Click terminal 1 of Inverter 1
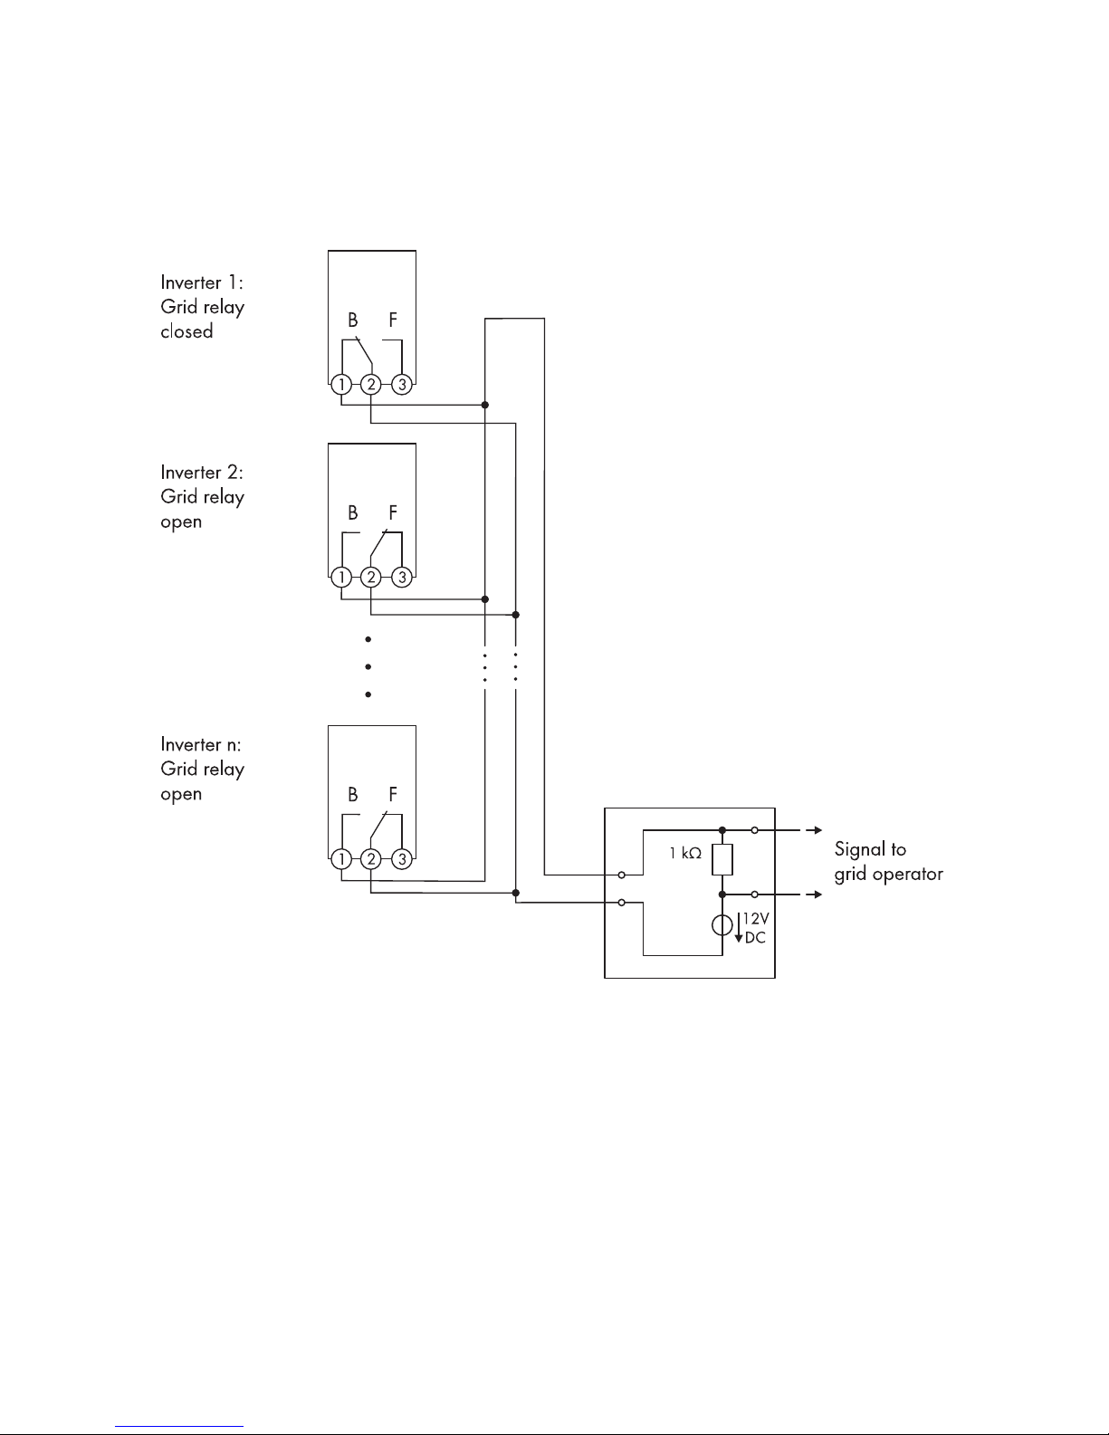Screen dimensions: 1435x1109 point(341,385)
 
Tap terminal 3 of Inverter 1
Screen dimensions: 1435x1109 point(403,385)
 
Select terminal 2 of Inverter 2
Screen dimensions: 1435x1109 point(371,577)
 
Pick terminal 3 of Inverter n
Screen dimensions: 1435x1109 point(403,858)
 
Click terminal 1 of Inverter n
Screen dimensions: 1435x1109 point(341,858)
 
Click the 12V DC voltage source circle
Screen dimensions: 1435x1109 point(722,926)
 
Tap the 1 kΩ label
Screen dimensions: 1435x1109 point(685,853)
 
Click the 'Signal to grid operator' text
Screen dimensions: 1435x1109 point(888,862)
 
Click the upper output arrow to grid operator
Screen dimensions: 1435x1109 point(815,829)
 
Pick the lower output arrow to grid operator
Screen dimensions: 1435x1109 point(815,894)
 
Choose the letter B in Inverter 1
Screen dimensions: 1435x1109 point(353,320)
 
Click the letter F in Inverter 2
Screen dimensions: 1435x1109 point(393,512)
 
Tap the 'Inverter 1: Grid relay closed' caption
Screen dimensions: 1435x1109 point(203,307)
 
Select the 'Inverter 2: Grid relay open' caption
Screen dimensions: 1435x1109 point(203,497)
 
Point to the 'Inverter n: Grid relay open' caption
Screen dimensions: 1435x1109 point(203,769)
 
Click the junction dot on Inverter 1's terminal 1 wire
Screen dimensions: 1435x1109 point(485,405)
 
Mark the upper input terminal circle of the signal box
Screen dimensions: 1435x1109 point(621,875)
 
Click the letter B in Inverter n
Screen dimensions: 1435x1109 point(353,794)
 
